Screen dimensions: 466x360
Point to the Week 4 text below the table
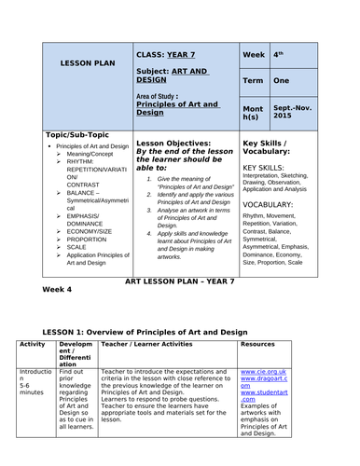coord(58,290)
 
